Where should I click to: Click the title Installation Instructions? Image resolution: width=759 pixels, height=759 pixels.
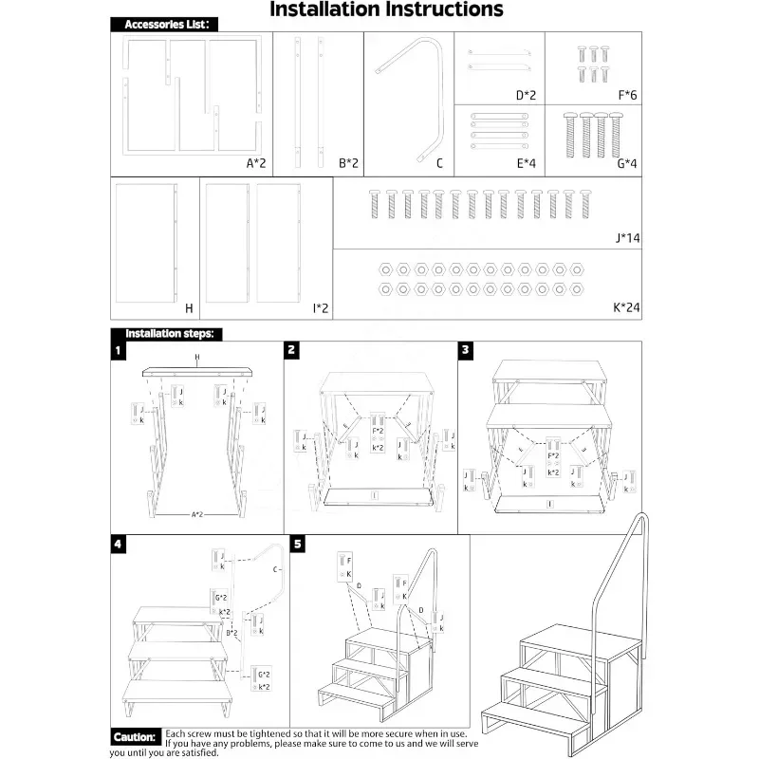coord(386,10)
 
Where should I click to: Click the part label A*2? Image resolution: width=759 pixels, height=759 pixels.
coord(256,163)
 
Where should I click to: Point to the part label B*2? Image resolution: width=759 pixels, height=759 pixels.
coord(348,163)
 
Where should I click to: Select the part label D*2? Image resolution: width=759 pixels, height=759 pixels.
coord(527,94)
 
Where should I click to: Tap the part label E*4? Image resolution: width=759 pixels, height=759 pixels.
coord(527,163)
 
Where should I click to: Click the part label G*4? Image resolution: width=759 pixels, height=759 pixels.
coord(627,163)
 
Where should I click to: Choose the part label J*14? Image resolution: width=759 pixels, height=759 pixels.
coord(627,238)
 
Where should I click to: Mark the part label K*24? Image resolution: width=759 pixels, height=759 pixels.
coord(627,308)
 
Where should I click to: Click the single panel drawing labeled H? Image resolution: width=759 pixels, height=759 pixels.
coord(146,244)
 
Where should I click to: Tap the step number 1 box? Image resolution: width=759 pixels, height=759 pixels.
coord(118,350)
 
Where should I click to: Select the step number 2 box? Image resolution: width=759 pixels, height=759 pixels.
coord(292,350)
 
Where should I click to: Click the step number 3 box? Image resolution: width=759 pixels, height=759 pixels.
coord(466,350)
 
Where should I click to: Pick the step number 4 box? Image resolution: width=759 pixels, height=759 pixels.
coord(118,544)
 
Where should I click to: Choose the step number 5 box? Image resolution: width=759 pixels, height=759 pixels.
coord(299,544)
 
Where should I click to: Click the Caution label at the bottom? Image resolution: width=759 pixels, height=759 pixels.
coord(134,737)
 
